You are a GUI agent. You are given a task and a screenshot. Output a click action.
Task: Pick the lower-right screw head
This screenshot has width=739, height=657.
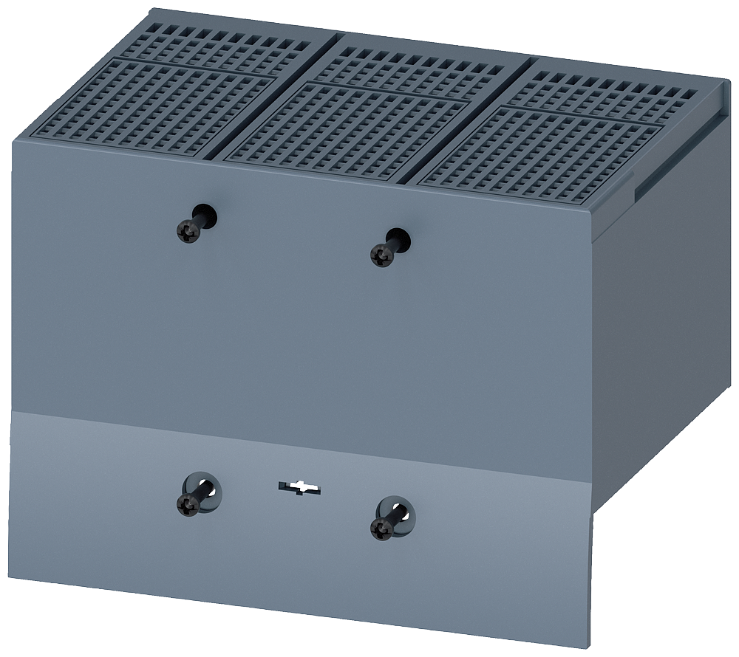[381, 528]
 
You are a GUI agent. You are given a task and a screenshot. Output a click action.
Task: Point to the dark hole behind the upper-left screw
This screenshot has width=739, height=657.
[206, 216]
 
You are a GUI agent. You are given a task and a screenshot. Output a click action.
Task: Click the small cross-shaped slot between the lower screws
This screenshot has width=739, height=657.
[299, 487]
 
